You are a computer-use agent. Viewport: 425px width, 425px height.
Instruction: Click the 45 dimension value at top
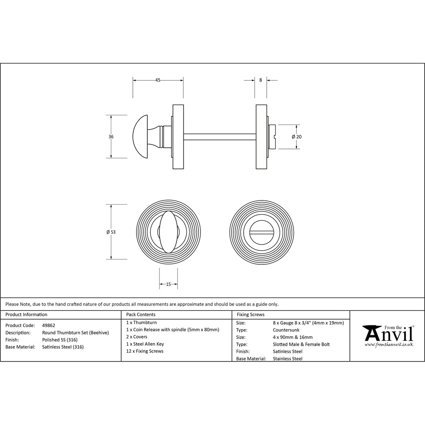click(158, 80)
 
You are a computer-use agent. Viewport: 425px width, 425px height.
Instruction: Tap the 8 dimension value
click(261, 80)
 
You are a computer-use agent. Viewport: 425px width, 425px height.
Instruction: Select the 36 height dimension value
click(111, 137)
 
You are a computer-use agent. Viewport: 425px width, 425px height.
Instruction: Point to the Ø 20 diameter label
click(296, 137)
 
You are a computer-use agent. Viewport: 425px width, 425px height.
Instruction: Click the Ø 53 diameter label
click(111, 232)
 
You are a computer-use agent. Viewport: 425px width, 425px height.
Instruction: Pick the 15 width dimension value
click(169, 284)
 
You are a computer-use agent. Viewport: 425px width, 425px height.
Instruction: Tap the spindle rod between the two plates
click(220, 137)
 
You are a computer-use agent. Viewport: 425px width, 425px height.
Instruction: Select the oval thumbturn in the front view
click(169, 232)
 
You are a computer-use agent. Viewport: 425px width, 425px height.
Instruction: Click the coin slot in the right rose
click(261, 232)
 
